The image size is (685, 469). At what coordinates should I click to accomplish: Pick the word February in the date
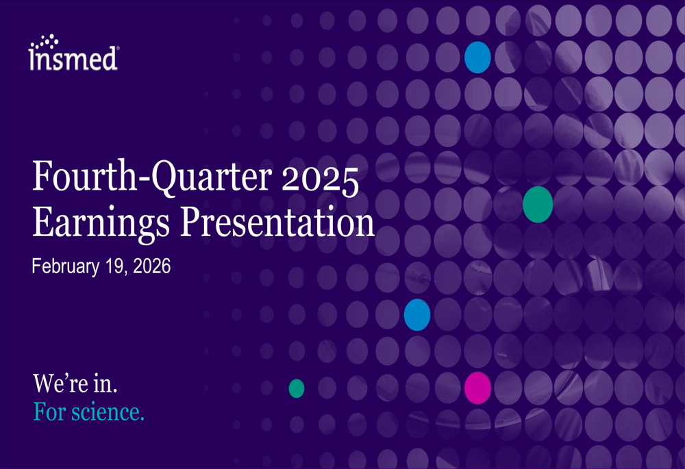[65, 266]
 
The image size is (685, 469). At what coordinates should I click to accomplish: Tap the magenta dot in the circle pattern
[477, 388]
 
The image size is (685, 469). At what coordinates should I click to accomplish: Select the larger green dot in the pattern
[538, 204]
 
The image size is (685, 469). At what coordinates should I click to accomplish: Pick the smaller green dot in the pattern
[296, 388]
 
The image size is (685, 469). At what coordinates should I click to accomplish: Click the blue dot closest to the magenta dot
[417, 315]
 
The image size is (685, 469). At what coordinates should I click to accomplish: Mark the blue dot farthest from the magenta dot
[477, 57]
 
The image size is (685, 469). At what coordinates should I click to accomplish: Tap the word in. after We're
[105, 384]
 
